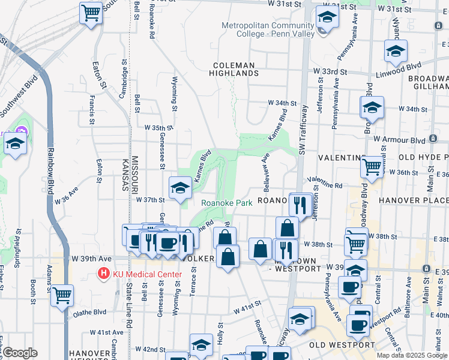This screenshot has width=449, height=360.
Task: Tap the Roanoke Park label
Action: pos(226,203)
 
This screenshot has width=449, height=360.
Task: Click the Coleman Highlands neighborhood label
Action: pos(234,69)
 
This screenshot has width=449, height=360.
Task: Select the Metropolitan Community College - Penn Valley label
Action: pos(268,29)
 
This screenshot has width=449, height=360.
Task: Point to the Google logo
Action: pos(20,353)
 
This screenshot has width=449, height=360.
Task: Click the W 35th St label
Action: pos(159,128)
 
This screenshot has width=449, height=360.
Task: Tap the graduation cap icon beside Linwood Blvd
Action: pos(396,52)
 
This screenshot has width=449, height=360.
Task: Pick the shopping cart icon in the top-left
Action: pos(91,12)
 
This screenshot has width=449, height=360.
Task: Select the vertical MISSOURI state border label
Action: pos(135,173)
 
